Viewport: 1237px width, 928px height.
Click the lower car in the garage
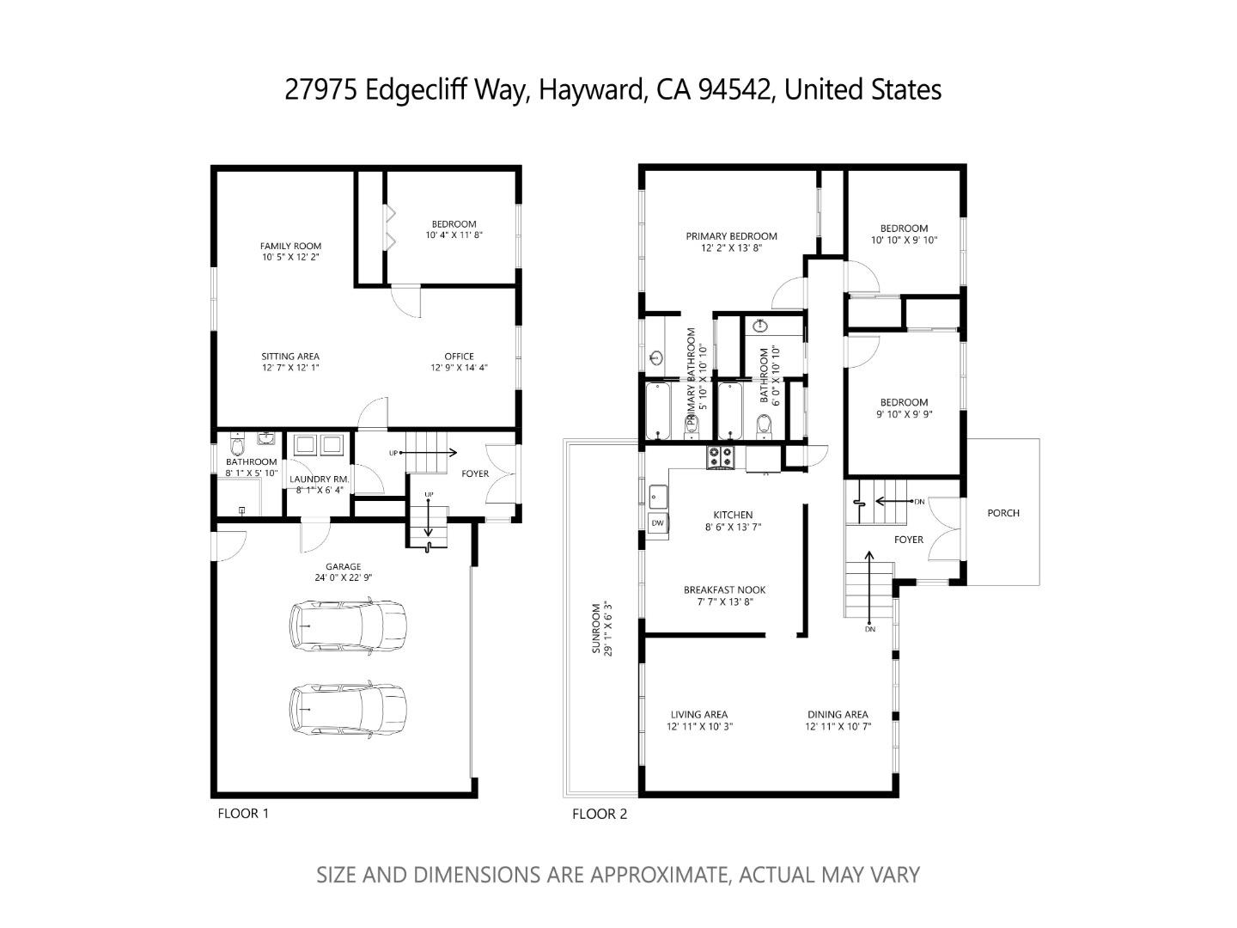[x=348, y=710]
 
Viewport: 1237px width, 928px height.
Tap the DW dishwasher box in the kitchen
[x=658, y=522]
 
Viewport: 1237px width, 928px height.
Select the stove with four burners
[x=720, y=457]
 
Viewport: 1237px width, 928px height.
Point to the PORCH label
[x=1002, y=513]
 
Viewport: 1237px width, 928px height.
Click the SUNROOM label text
[x=600, y=628]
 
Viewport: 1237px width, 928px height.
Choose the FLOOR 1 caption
[x=243, y=813]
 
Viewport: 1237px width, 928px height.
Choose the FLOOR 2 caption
[x=600, y=814]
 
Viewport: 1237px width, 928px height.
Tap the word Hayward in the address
[x=590, y=89]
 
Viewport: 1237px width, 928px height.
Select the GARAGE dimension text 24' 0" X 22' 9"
[x=343, y=578]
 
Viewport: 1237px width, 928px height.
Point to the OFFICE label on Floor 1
[x=459, y=357]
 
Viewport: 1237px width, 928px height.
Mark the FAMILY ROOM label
[x=290, y=246]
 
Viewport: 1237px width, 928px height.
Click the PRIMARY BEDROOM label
[x=731, y=236]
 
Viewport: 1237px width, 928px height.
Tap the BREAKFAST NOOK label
[x=724, y=589]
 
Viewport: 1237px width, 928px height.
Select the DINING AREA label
[x=837, y=714]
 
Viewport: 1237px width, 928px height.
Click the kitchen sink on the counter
[x=658, y=497]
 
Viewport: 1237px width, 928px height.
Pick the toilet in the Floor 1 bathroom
[x=238, y=446]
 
